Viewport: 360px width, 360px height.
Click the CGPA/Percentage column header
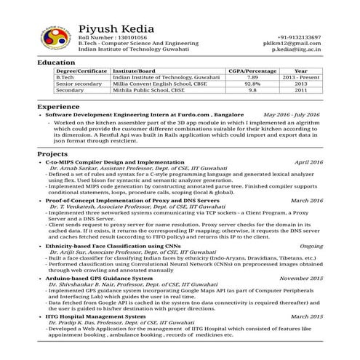point(252,71)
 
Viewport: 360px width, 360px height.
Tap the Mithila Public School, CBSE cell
point(148,90)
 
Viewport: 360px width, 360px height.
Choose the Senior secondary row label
point(79,84)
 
